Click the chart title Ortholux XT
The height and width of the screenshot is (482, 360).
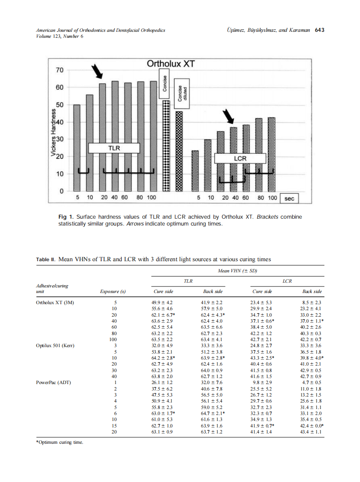(x=171, y=64)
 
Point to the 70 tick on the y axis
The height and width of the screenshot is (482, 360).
(x=59, y=70)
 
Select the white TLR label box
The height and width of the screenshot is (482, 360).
(x=114, y=148)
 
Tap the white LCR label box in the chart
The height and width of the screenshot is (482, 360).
(x=240, y=158)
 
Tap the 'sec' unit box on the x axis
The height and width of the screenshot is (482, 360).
(x=290, y=198)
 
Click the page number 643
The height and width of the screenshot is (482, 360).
(x=319, y=30)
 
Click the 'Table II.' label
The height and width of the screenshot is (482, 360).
(x=46, y=259)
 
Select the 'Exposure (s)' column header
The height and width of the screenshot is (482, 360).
(x=113, y=292)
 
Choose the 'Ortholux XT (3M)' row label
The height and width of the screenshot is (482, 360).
(x=55, y=302)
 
